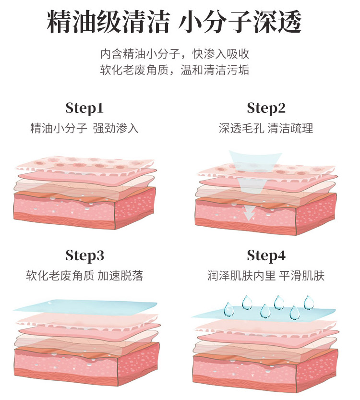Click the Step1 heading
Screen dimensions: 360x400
point(84,108)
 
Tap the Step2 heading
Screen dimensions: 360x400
point(266,108)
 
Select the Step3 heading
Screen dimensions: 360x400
point(84,255)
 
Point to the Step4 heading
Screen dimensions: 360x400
point(266,255)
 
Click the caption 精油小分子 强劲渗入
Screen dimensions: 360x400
point(84,129)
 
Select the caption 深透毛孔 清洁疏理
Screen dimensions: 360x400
point(266,129)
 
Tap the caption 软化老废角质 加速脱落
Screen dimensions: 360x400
point(84,276)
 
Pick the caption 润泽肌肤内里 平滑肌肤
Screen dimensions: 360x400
point(266,276)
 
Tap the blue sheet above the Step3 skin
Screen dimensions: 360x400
point(84,306)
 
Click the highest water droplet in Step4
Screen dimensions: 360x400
point(247,302)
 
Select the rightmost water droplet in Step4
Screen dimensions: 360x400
point(308,303)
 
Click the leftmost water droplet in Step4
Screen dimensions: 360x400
point(229,310)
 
